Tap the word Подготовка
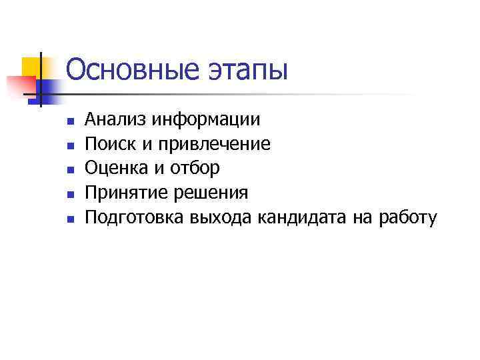[x=135, y=218]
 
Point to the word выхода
[x=219, y=218]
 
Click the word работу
[x=407, y=218]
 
